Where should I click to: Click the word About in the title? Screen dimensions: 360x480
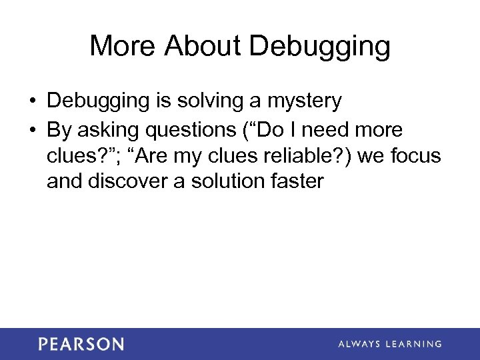coord(203,46)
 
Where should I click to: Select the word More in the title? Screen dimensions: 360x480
coord(121,46)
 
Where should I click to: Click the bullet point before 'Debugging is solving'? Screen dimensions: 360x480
coord(32,101)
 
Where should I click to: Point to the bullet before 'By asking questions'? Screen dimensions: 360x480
coord(32,129)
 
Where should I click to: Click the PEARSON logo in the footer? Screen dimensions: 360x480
coord(81,344)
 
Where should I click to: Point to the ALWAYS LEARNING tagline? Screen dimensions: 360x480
coord(390,344)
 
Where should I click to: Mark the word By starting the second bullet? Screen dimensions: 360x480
coord(59,130)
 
